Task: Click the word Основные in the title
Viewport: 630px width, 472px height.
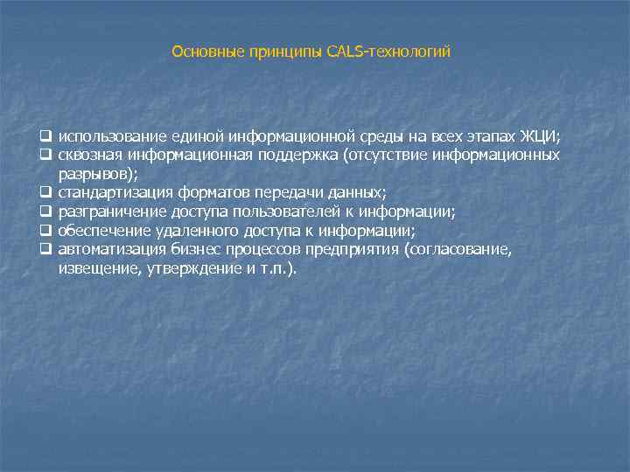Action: pos(201,52)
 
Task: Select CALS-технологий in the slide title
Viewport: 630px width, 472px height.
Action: pos(388,52)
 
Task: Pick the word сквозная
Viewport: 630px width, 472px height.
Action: pos(90,155)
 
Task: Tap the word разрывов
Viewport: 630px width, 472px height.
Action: pos(90,174)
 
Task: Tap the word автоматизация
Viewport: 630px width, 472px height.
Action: pos(109,250)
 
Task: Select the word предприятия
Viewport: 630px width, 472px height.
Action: pos(354,250)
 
